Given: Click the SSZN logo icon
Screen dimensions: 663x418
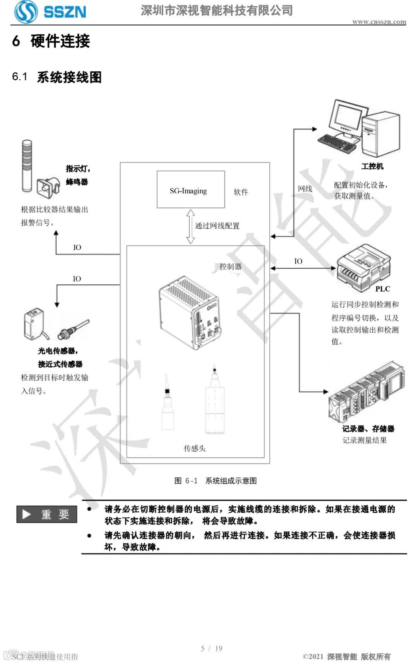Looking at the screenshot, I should [26, 11].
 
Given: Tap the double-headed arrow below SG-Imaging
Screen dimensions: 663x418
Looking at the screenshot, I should [190, 226].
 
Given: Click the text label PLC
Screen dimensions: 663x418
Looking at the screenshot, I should [382, 289].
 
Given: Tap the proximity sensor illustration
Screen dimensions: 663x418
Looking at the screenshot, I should [74, 329].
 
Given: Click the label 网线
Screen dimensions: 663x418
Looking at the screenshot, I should [305, 189].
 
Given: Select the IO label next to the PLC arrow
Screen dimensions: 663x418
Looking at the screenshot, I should [298, 261].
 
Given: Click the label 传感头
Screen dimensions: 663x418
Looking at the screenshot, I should [194, 448].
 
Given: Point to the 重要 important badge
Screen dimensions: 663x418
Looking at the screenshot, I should [47, 514].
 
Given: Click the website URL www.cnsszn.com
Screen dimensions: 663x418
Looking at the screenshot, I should [379, 22].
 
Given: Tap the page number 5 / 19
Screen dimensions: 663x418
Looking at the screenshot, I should [211, 648].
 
